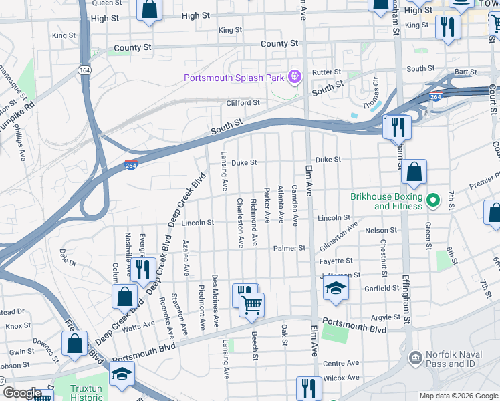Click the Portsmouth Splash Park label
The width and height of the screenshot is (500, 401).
click(x=235, y=78)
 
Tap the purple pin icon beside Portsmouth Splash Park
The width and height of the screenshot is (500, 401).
click(x=293, y=78)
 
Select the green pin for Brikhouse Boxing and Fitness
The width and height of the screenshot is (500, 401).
click(x=433, y=200)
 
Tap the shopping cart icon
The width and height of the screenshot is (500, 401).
click(x=251, y=305)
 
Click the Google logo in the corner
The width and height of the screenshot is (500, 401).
click(x=21, y=393)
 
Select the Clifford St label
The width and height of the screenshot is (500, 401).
click(x=243, y=103)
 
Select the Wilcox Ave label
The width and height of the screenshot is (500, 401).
click(x=341, y=378)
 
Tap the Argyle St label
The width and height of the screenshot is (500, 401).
click(x=385, y=317)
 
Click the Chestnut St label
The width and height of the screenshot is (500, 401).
click(x=384, y=257)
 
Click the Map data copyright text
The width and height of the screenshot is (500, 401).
click(x=458, y=395)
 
